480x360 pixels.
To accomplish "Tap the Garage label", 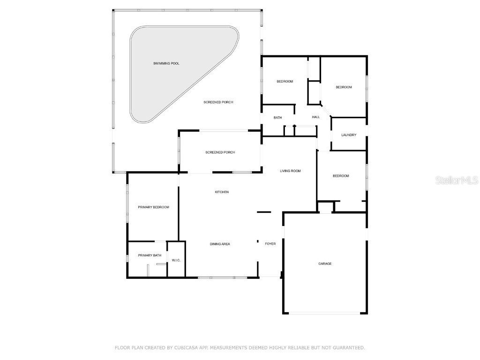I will click(325, 264).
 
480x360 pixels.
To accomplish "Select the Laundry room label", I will click(349, 135).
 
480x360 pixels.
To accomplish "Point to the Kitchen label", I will click(222, 192).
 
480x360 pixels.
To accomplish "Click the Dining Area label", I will click(220, 244).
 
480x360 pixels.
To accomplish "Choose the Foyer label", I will click(270, 244).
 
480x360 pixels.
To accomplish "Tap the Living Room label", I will click(290, 171).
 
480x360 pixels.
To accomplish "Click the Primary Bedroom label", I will click(153, 207).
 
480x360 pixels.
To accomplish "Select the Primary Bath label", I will click(150, 255).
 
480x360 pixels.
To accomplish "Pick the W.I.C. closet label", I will click(176, 260).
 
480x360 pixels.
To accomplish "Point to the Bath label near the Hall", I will click(278, 118).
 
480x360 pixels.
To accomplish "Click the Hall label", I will click(316, 117).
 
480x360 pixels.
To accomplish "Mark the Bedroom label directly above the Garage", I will click(341, 176).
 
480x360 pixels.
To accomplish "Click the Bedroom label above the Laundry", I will click(344, 87).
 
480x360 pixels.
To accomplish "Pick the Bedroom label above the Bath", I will click(285, 82).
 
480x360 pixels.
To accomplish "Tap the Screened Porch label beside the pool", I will click(218, 102).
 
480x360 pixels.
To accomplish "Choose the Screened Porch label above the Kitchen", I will click(220, 152).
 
